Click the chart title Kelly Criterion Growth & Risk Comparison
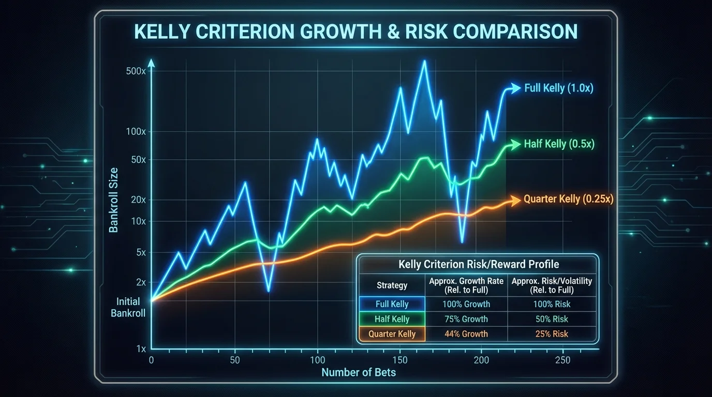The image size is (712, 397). pos(355,32)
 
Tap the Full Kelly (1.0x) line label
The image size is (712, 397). pos(559,88)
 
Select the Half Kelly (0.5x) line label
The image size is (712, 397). pos(559,144)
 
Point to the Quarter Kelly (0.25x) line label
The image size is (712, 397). pos(568,199)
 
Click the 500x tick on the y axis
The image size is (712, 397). pos(136,71)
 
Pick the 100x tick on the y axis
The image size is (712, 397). pos(136,132)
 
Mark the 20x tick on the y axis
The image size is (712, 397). pos(137,200)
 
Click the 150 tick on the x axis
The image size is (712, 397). pos(399,360)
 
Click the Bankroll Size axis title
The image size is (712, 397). pos(114,200)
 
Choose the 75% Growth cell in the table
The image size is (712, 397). pos(466,319)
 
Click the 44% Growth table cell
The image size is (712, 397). pos(466,334)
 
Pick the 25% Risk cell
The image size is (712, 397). pos(553,334)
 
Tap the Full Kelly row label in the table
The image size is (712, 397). pos(392,304)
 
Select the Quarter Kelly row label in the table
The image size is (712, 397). pos(392,334)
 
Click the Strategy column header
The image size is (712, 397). pos(392,285)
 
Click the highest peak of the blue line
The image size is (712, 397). pos(424,61)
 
